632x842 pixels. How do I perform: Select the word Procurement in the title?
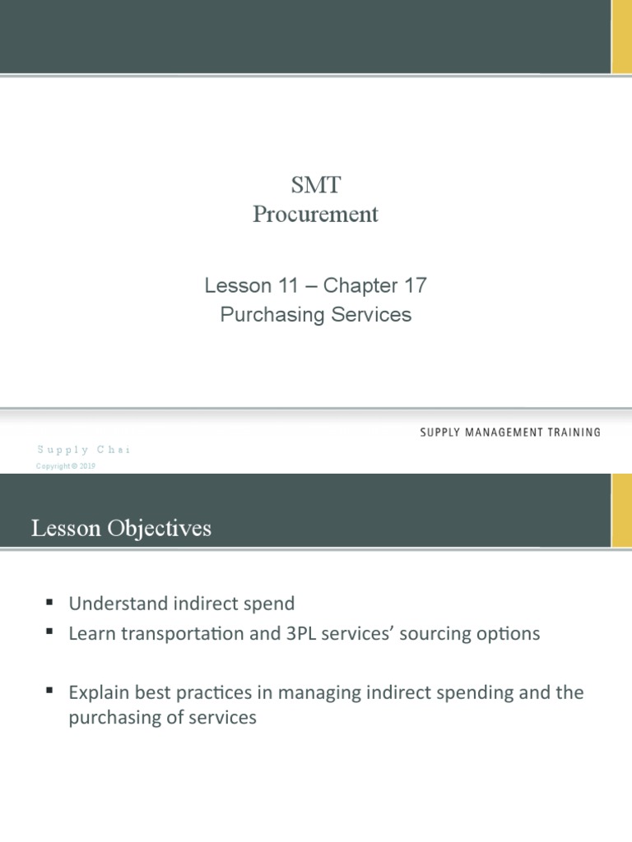316,215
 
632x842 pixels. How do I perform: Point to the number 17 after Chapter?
414,286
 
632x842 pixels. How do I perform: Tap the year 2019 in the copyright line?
88,466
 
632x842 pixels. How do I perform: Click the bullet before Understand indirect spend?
50,603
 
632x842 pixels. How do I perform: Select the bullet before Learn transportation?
50,632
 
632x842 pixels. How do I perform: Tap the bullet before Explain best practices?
50,692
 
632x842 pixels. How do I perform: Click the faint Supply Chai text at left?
83,450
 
